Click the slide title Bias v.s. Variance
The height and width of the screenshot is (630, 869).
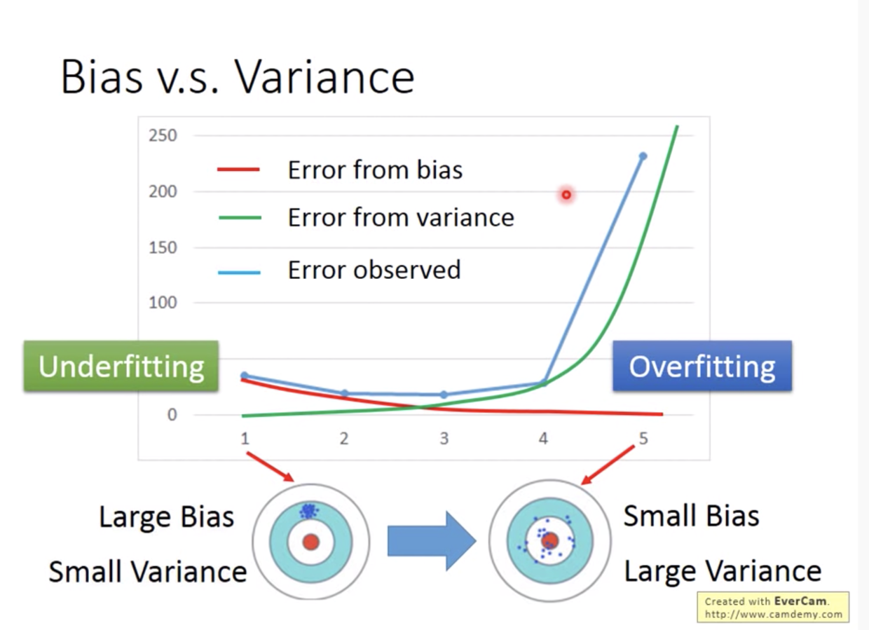[238, 76]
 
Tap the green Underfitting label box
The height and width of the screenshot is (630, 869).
[121, 366]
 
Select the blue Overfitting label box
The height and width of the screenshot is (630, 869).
[702, 366]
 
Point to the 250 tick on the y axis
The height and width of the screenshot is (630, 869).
[163, 135]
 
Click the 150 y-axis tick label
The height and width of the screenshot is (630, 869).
[163, 247]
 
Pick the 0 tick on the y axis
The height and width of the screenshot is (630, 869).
[172, 415]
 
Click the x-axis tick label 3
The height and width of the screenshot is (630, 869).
[444, 439]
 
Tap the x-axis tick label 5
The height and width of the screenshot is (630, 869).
[643, 439]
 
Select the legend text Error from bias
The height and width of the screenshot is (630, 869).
[375, 170]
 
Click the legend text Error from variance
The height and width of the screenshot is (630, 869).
[401, 217]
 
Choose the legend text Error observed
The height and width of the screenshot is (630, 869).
[374, 270]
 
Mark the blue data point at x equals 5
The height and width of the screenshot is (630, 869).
[643, 156]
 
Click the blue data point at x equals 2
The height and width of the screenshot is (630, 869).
[345, 393]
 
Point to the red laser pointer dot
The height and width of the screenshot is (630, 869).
[566, 195]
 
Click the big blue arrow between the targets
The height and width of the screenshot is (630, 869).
[432, 541]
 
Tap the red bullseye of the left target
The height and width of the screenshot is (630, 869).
[310, 542]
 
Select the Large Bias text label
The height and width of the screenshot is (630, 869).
[167, 517]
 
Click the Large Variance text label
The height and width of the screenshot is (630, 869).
[723, 571]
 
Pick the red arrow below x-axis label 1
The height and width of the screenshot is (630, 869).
[271, 467]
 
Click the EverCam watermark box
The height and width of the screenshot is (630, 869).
[773, 608]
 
